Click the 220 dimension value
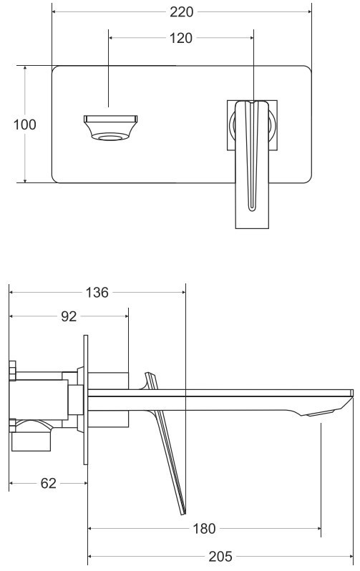[181, 12]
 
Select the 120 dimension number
[181, 38]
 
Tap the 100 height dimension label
[25, 125]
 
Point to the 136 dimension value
[97, 292]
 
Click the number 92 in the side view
[69, 316]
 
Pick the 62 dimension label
[49, 483]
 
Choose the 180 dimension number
[204, 528]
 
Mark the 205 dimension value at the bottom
[220, 557]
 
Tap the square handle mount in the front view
[252, 125]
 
